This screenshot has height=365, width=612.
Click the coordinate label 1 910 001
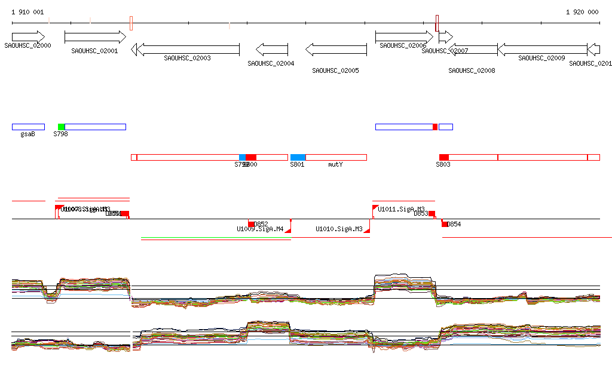27,12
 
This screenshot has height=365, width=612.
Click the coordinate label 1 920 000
582,12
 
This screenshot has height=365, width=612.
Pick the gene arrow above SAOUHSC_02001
95,37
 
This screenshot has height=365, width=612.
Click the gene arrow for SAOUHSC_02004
272,49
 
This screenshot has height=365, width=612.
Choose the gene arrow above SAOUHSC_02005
336,49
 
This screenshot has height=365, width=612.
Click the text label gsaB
28,134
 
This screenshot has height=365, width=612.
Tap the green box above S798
61,127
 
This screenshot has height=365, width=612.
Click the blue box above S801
298,157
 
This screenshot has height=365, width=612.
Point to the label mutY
335,164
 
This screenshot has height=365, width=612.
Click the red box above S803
443,157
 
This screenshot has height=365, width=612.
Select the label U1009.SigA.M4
260,229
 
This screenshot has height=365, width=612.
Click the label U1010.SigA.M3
339,229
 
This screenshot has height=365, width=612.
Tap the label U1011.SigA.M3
401,209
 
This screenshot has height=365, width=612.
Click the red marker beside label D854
444,223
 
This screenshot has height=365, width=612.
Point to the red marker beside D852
251,223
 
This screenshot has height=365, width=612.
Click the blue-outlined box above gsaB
28,127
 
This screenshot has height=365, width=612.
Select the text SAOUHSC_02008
472,70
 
